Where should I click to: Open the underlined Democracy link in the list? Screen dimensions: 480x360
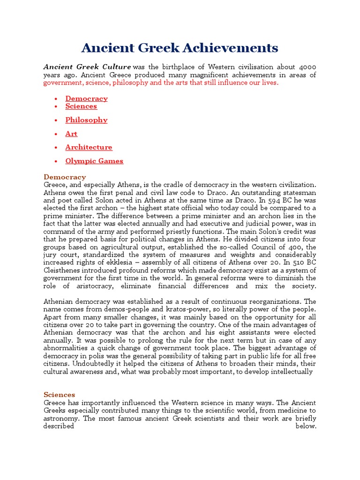point(86,98)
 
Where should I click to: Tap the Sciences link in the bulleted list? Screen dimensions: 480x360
point(81,106)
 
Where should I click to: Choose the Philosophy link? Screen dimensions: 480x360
point(86,120)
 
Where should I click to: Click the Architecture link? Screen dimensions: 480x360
point(89,147)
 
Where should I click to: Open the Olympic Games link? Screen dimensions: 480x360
point(94,161)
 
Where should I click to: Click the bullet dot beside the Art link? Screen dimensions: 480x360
point(56,134)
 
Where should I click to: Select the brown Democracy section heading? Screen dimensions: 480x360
point(65,177)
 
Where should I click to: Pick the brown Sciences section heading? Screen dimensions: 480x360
point(59,395)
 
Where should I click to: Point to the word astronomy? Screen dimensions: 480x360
point(61,419)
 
